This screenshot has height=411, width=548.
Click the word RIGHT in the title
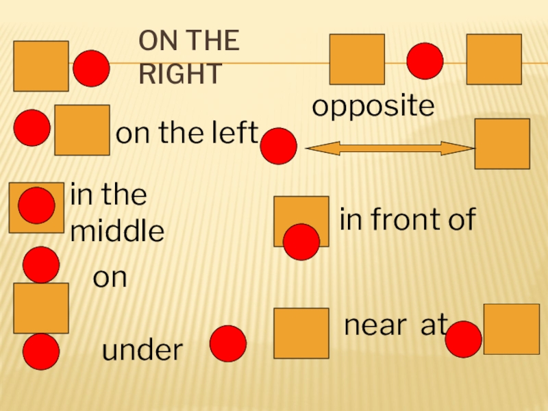179,73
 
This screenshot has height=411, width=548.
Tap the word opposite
373,107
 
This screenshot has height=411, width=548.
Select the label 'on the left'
186,134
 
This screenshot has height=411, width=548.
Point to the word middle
117,232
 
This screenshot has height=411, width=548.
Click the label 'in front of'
408,220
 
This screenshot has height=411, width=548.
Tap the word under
142,351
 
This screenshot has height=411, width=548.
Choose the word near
375,327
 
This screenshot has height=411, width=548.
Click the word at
434,327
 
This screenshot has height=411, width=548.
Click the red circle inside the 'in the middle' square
37,206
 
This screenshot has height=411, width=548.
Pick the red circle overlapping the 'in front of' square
301,242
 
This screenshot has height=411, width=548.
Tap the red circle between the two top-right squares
425,61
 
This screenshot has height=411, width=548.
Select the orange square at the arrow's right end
502,144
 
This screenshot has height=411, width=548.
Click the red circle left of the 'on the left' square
32,128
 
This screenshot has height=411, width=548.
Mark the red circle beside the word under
228,343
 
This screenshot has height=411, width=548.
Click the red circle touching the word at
463,338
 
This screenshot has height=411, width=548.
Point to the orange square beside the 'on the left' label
82,129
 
